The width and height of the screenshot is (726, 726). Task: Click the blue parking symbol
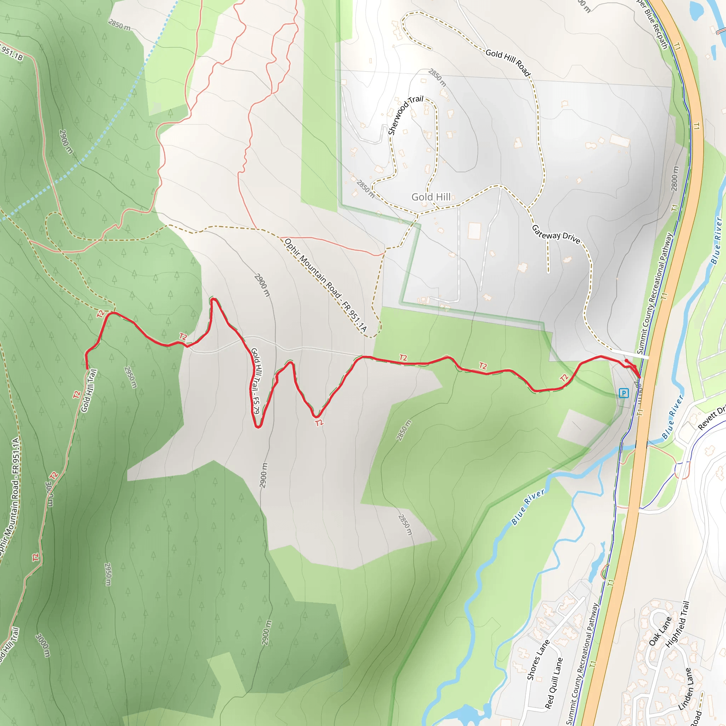(624, 393)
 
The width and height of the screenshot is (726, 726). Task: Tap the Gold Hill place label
(431, 197)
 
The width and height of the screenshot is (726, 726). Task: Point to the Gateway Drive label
(556, 234)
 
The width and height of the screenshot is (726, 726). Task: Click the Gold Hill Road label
(508, 62)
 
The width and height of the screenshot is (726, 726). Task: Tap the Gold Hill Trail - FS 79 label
(255, 381)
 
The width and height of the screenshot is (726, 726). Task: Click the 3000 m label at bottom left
(43, 645)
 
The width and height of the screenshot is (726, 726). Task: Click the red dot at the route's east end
(626, 361)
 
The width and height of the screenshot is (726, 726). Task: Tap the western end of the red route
(87, 369)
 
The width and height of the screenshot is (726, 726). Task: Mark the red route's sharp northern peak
(213, 300)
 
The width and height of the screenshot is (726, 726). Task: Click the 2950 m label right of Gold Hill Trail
(130, 377)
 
